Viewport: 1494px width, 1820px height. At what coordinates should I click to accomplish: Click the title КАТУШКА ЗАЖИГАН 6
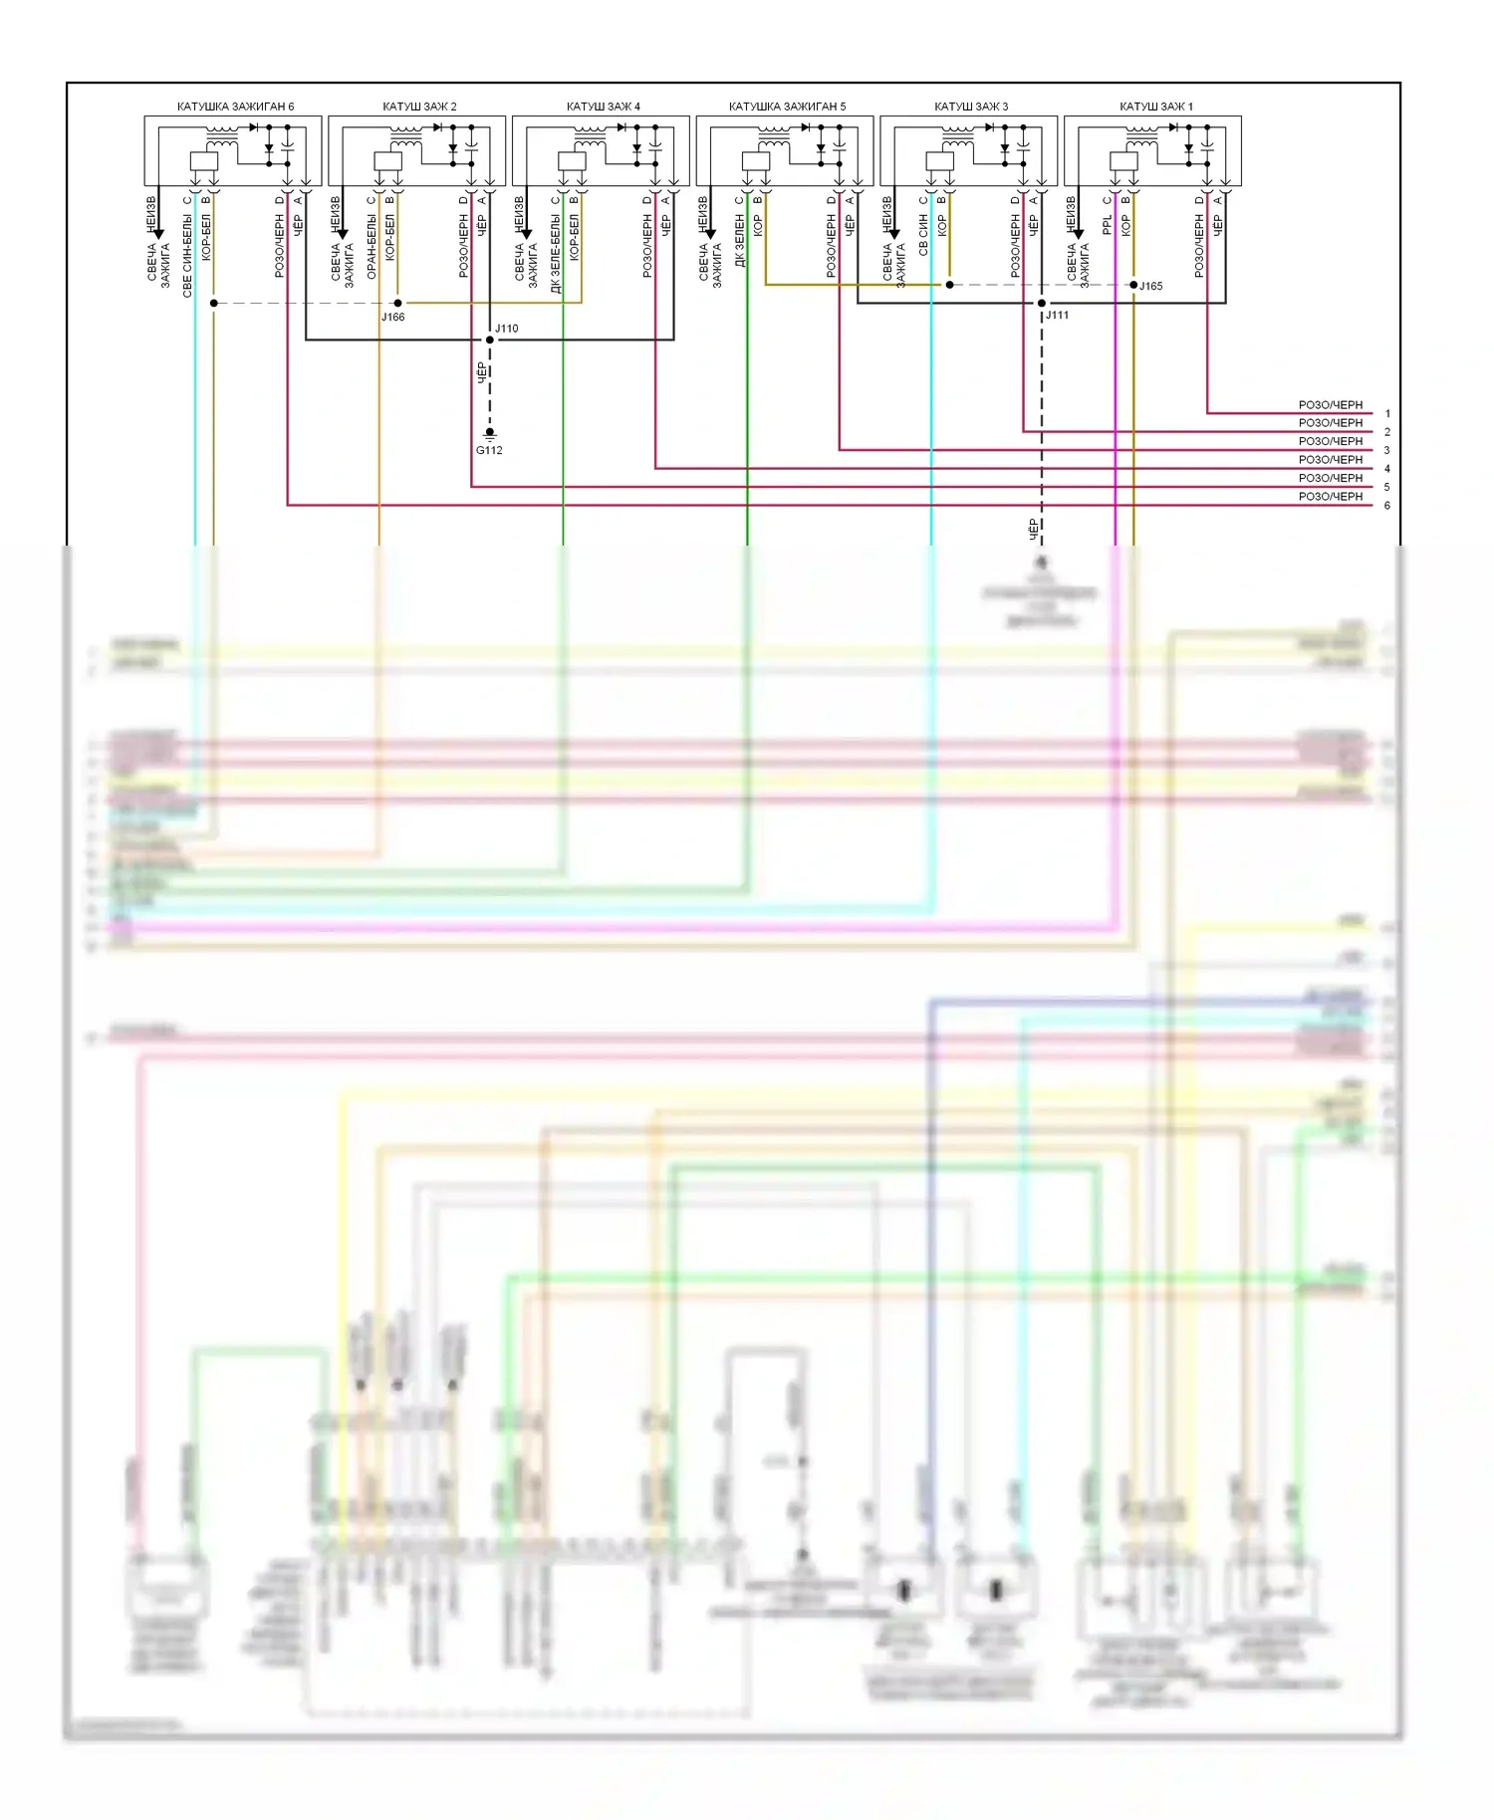[x=235, y=107]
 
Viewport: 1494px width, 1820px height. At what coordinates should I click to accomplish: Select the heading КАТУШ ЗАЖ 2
[x=419, y=107]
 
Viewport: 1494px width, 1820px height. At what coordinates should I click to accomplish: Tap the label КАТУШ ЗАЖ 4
[x=603, y=107]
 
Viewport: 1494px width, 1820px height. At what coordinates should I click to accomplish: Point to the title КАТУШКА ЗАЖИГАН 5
[x=787, y=107]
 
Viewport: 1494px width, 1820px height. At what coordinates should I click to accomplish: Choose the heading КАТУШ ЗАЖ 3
[x=970, y=107]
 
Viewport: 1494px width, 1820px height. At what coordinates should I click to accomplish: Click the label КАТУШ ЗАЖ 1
[x=1155, y=107]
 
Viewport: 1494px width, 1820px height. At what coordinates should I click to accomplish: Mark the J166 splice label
[x=392, y=318]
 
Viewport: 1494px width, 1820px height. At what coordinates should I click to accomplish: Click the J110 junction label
[x=506, y=329]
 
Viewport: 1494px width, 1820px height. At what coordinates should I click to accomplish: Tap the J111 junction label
[x=1057, y=316]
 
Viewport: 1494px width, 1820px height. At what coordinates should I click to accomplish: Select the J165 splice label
[x=1150, y=287]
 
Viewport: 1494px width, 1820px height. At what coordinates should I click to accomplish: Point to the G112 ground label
[x=489, y=451]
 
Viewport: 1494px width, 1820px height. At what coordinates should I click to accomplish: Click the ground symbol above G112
[x=489, y=434]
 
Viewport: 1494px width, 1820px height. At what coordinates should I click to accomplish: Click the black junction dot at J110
[x=489, y=341]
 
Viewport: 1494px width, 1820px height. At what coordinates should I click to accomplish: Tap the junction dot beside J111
[x=1042, y=303]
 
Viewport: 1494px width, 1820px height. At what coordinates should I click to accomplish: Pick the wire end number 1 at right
[x=1387, y=414]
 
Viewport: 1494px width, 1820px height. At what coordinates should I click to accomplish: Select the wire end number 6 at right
[x=1387, y=506]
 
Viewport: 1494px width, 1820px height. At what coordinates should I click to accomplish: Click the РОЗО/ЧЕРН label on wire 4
[x=1330, y=460]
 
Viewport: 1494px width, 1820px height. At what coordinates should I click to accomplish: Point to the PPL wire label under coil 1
[x=1108, y=226]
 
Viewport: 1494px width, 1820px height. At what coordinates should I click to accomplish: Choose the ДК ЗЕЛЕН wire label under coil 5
[x=740, y=243]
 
